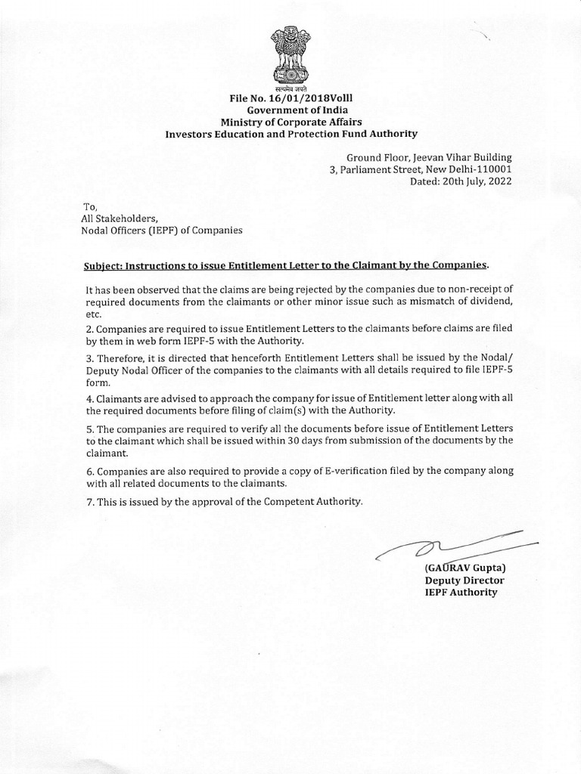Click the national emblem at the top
290,57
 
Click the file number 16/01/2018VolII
291,99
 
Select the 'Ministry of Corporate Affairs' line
291,122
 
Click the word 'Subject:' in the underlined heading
102,265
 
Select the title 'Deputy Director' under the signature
464,580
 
